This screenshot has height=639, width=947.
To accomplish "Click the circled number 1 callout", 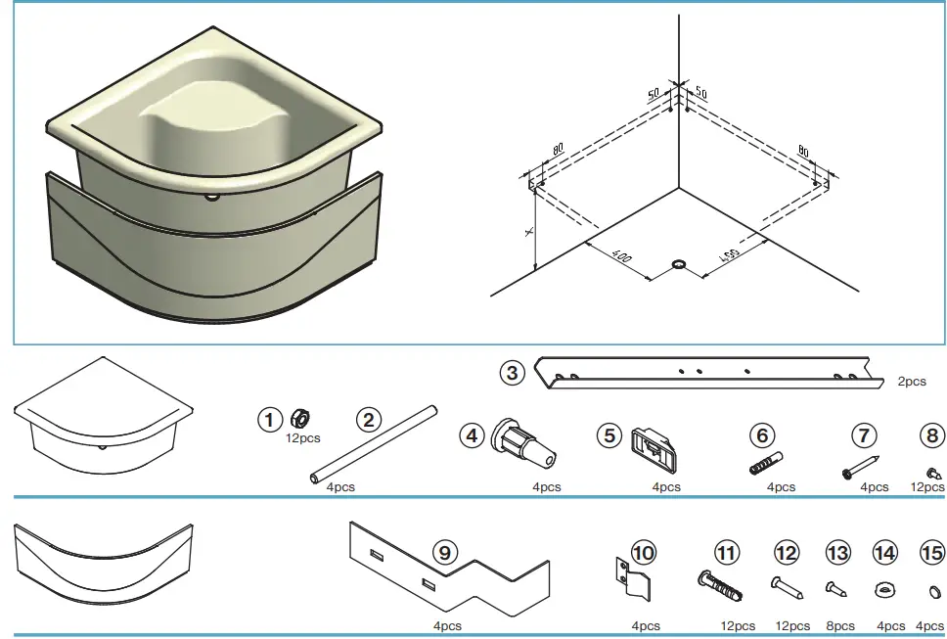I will click(x=269, y=420).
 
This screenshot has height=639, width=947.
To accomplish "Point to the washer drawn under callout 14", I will click(x=884, y=590).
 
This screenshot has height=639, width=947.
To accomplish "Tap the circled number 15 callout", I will click(x=931, y=554).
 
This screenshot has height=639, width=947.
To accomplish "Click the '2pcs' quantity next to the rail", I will click(x=911, y=382).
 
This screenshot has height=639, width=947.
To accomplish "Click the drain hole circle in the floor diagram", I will click(x=678, y=264).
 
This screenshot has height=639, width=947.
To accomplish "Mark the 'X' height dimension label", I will click(x=528, y=231).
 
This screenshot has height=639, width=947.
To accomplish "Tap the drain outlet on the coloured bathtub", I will click(x=211, y=197).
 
